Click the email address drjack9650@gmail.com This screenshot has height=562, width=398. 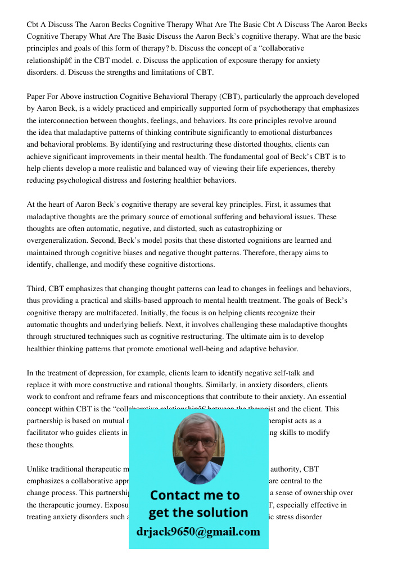pyautogui.click(x=198, y=532)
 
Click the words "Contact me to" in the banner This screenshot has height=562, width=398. pyautogui.click(x=195, y=495)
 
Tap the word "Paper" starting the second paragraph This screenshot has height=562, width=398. pyautogui.click(x=37, y=97)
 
